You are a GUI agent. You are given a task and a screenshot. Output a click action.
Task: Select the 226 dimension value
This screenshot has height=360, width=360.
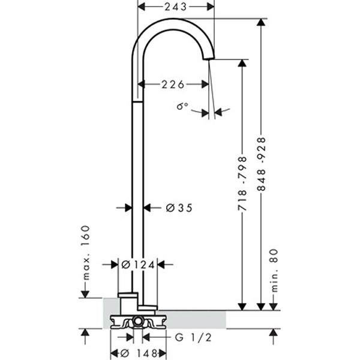[x=172, y=85]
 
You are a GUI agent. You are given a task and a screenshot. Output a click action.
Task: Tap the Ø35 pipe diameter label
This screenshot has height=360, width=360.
[x=178, y=208]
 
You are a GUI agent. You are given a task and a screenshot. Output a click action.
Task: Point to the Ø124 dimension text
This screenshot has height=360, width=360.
[x=138, y=264]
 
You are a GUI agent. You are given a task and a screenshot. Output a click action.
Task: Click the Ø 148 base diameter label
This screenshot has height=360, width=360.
[x=138, y=353]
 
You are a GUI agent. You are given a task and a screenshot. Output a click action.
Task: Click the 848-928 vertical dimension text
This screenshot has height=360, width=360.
[x=261, y=164]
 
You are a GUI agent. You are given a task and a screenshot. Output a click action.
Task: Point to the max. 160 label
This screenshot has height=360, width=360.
[x=85, y=252]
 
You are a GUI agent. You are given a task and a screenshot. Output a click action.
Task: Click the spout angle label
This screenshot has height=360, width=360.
[x=182, y=106]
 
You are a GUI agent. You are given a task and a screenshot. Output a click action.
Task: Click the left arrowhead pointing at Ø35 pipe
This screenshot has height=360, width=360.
[x=128, y=208]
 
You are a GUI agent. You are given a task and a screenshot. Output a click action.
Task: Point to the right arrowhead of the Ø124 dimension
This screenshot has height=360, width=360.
[x=160, y=264]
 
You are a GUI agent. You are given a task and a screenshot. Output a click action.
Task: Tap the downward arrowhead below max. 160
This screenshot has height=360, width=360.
[x=85, y=293]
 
